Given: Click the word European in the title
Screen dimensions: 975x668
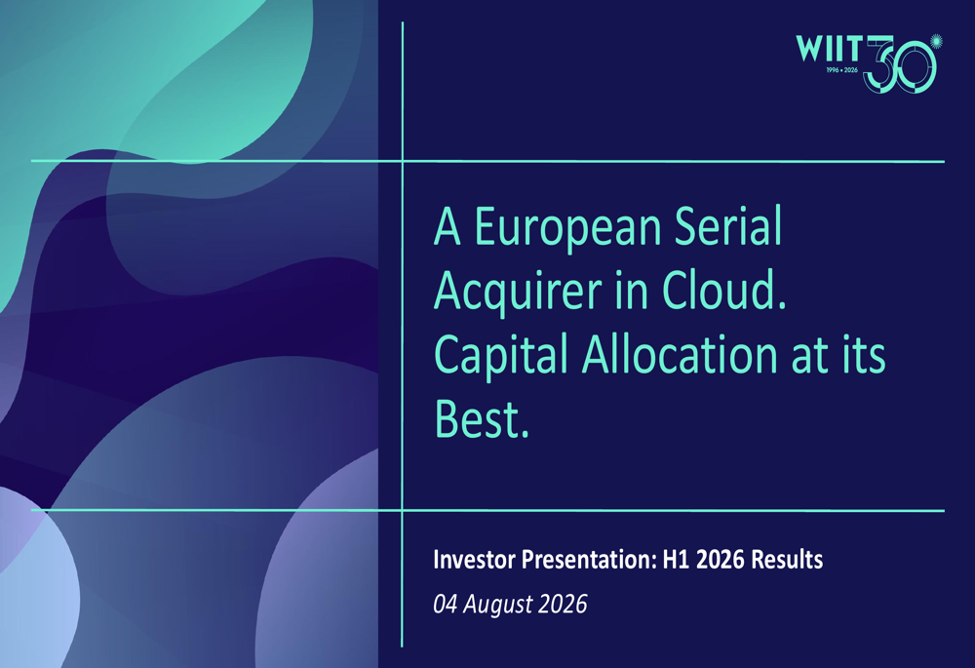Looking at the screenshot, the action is [567, 228].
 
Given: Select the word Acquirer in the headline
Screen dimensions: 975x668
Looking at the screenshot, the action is [518, 293].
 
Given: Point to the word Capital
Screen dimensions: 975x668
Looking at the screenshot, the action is [501, 356].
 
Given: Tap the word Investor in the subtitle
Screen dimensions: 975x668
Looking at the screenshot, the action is [475, 559].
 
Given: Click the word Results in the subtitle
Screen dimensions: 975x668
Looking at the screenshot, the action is [787, 559].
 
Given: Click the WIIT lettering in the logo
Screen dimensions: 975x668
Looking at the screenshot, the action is [829, 49].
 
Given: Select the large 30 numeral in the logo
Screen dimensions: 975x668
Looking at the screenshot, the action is [901, 64].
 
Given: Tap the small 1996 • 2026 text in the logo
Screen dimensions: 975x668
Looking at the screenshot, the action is [842, 70].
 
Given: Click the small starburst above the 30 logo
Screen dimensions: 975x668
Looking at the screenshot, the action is [936, 41].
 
